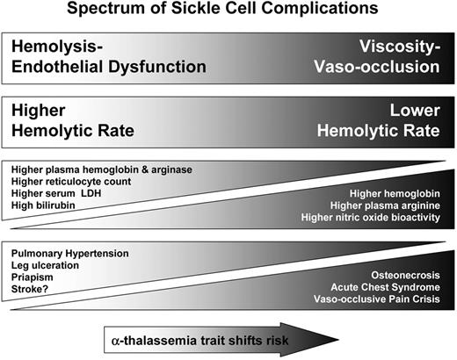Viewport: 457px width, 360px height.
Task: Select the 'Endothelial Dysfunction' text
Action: (x=107, y=67)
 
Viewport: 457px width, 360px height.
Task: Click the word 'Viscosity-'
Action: (x=408, y=49)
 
